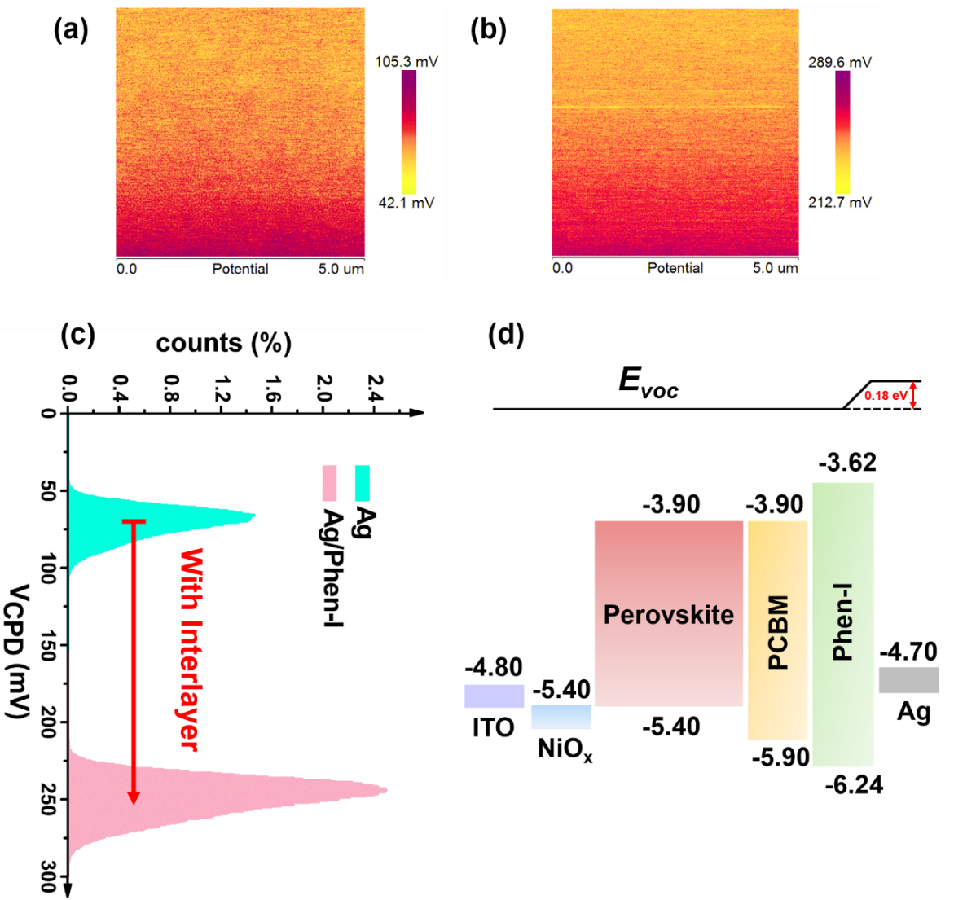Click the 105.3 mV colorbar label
[406, 62]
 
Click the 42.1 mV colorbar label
[406, 202]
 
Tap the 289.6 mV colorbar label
[839, 62]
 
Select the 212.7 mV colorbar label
[839, 202]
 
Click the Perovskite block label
[668, 614]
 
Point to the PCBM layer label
[778, 632]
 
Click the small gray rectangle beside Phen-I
[908, 680]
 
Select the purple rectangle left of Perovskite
[495, 696]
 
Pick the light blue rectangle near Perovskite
[561, 717]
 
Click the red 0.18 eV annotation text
[886, 396]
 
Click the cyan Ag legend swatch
[363, 482]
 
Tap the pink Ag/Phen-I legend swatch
[330, 482]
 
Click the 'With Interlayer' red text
[189, 649]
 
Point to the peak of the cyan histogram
[253, 516]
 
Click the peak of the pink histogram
[385, 789]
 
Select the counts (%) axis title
[223, 344]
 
